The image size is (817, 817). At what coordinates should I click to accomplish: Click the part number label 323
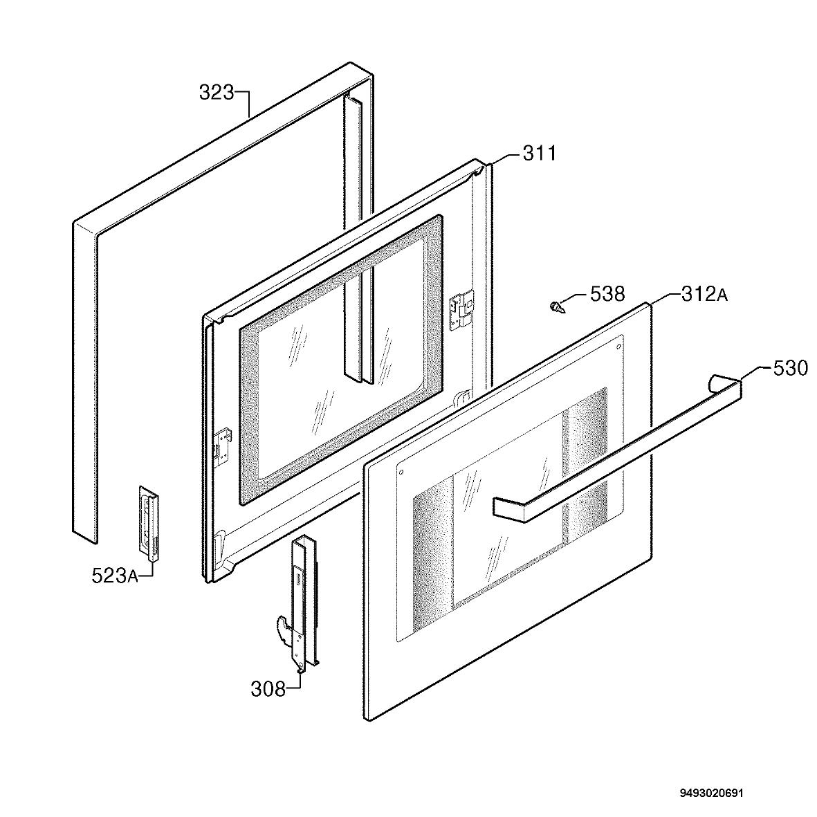pyautogui.click(x=217, y=93)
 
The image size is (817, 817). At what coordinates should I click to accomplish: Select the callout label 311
pyautogui.click(x=540, y=154)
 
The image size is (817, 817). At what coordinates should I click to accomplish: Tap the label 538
pyautogui.click(x=607, y=294)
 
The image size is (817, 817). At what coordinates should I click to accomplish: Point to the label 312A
pyautogui.click(x=704, y=295)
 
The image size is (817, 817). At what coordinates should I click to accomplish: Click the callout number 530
pyautogui.click(x=790, y=369)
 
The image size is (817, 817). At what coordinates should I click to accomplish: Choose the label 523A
pyautogui.click(x=115, y=576)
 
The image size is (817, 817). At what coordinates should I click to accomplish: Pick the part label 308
pyautogui.click(x=268, y=689)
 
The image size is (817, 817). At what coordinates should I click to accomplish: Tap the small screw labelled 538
pyautogui.click(x=557, y=307)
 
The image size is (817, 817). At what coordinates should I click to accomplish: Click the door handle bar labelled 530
pyautogui.click(x=618, y=448)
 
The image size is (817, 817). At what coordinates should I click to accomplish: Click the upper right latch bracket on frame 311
pyautogui.click(x=461, y=309)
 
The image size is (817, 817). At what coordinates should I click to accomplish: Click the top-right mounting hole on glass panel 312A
pyautogui.click(x=618, y=347)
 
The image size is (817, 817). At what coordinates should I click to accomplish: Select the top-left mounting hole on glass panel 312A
pyautogui.click(x=401, y=472)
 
